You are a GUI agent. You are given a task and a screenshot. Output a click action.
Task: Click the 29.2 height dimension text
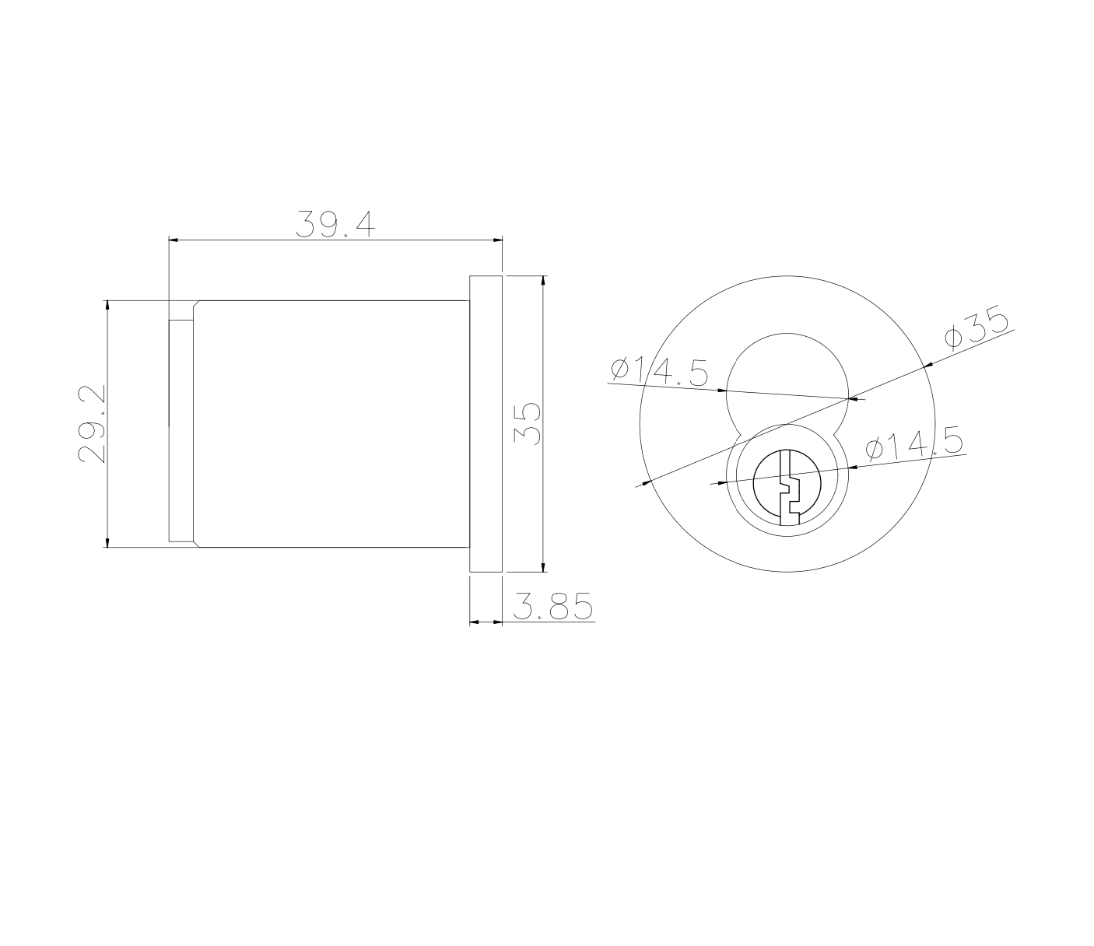93,424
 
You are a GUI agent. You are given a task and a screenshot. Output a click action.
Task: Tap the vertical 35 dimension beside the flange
528,423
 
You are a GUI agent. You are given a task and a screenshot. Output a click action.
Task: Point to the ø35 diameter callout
977,330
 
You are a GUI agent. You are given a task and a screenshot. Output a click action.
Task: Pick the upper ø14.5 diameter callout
660,371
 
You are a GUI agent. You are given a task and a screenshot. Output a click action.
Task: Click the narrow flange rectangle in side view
486,424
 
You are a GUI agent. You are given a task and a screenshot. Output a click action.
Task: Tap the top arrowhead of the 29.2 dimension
107,305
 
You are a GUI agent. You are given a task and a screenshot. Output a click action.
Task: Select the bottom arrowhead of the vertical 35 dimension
543,567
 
